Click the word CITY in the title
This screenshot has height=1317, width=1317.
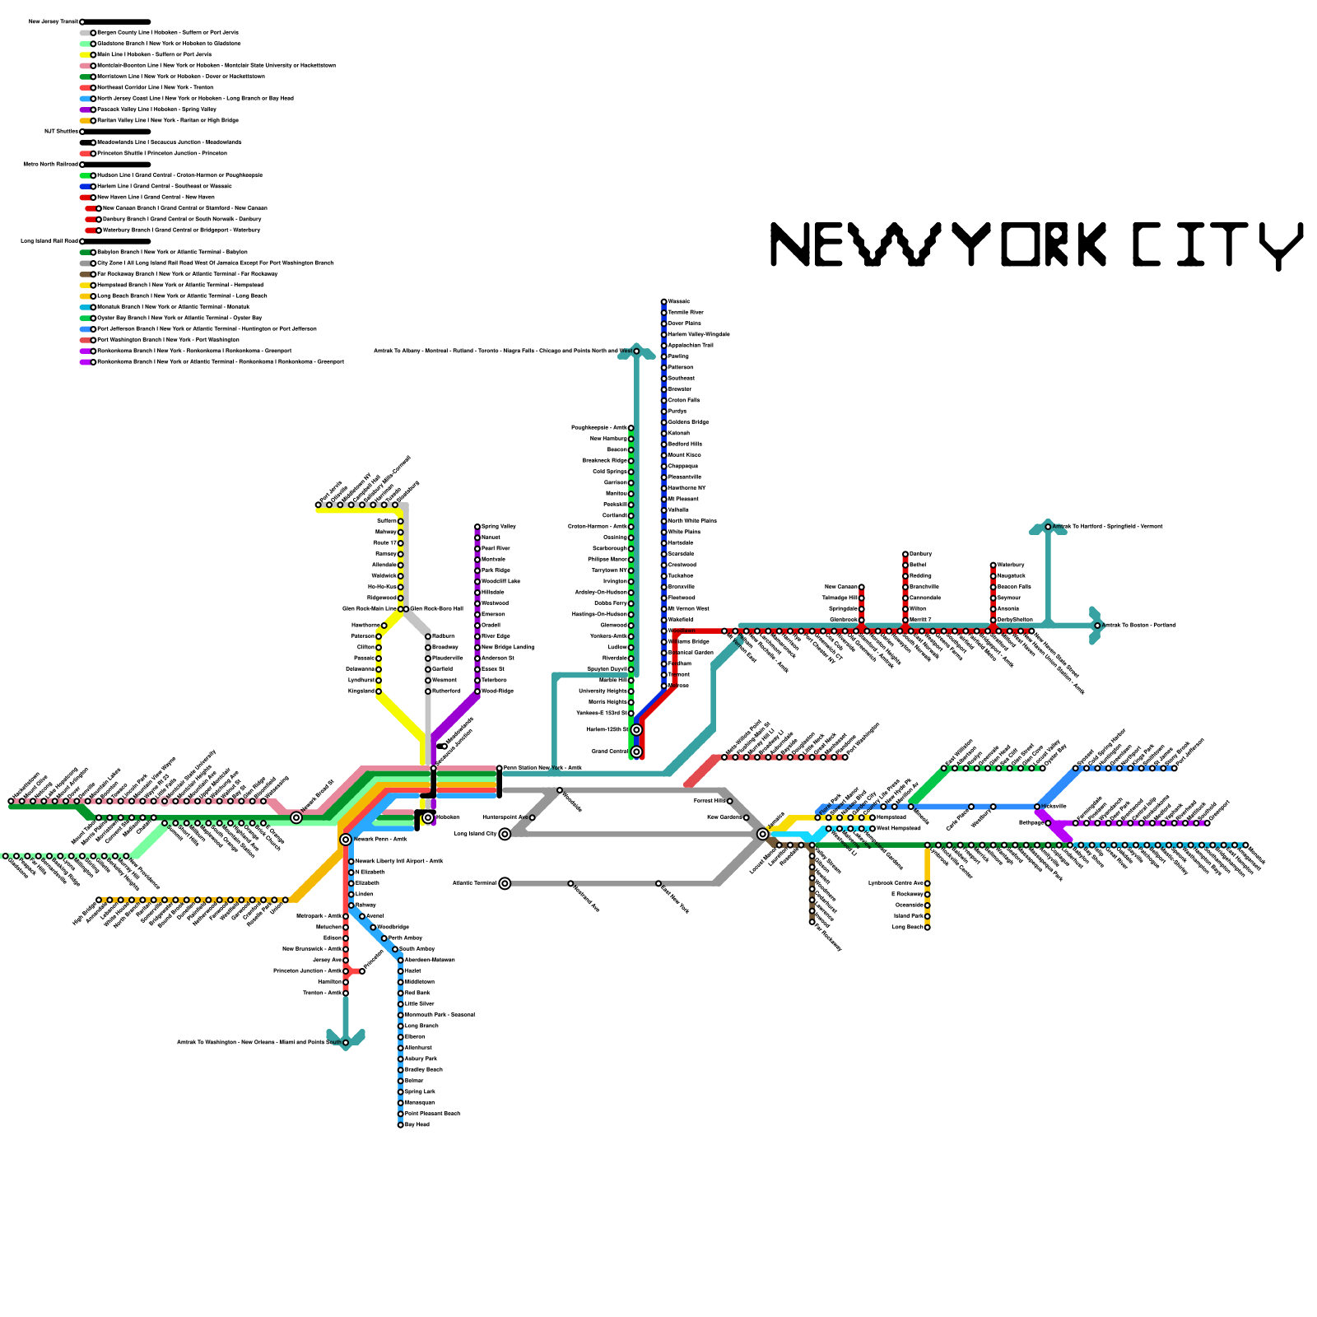point(1217,244)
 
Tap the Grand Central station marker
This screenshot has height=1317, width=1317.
point(636,752)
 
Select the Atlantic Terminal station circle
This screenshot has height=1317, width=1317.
point(505,883)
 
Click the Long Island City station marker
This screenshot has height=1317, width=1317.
point(505,834)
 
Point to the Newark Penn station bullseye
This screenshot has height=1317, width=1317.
point(346,839)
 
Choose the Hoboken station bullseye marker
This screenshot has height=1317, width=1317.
point(428,817)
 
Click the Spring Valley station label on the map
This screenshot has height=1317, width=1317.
point(499,526)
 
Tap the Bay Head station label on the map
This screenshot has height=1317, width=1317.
point(417,1124)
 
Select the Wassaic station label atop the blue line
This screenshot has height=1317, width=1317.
point(679,301)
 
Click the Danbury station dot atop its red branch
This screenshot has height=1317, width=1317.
point(905,554)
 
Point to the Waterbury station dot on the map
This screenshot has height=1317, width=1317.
point(994,565)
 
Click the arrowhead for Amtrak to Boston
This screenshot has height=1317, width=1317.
point(1096,626)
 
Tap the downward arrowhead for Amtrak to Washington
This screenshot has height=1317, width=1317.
point(346,1039)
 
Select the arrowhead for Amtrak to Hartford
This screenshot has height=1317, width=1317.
point(1048,528)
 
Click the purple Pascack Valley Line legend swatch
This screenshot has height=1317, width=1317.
point(86,109)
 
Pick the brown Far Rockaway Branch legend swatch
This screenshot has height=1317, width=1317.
point(86,274)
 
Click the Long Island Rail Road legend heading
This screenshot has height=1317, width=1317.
point(49,241)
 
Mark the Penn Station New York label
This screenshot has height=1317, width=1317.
point(543,768)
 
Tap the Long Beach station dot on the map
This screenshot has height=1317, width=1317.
point(928,927)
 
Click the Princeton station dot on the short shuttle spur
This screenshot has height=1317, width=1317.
point(362,970)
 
